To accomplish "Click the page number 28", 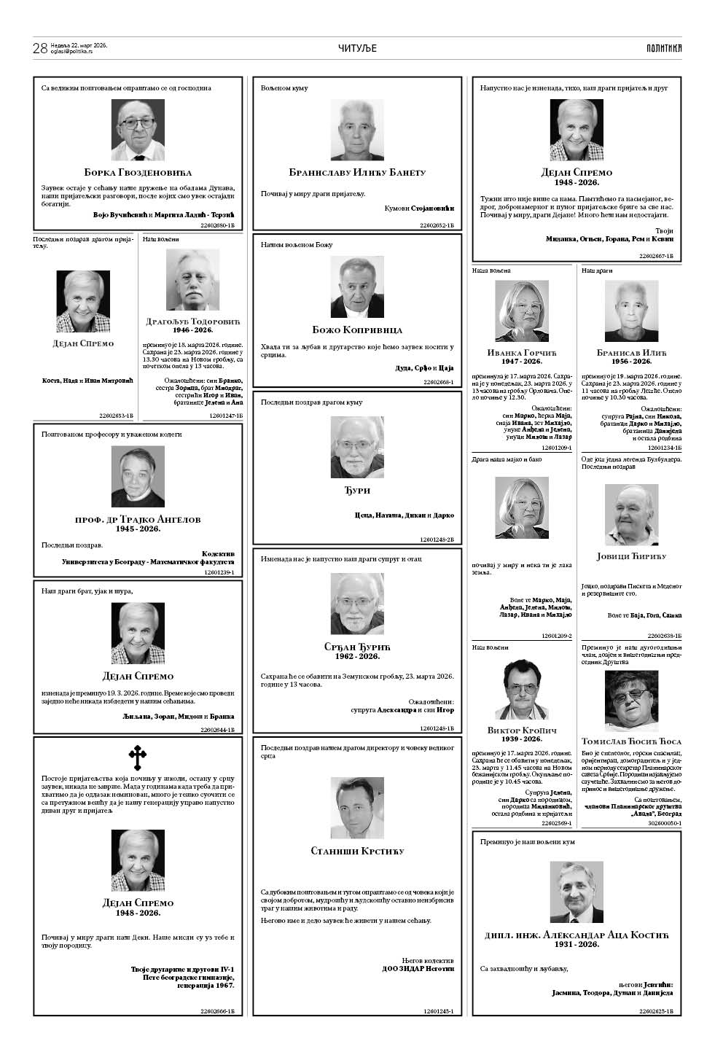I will (40, 48).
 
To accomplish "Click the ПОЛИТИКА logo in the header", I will (663, 48).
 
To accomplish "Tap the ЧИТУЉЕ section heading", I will (357, 48).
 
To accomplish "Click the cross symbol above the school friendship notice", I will (137, 758).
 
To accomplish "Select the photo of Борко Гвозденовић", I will (138, 130).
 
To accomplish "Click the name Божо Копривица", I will (357, 330).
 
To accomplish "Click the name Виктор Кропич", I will (521, 730).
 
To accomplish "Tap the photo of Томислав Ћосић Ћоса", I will (631, 700).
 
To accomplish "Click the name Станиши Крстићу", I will (357, 851).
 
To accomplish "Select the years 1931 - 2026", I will (576, 944).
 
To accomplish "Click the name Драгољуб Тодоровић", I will (192, 322).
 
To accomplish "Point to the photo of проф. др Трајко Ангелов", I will (138, 477).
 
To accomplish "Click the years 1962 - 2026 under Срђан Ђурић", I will (357, 656).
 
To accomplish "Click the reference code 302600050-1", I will (662, 823).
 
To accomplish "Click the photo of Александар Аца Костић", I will (576, 892).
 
